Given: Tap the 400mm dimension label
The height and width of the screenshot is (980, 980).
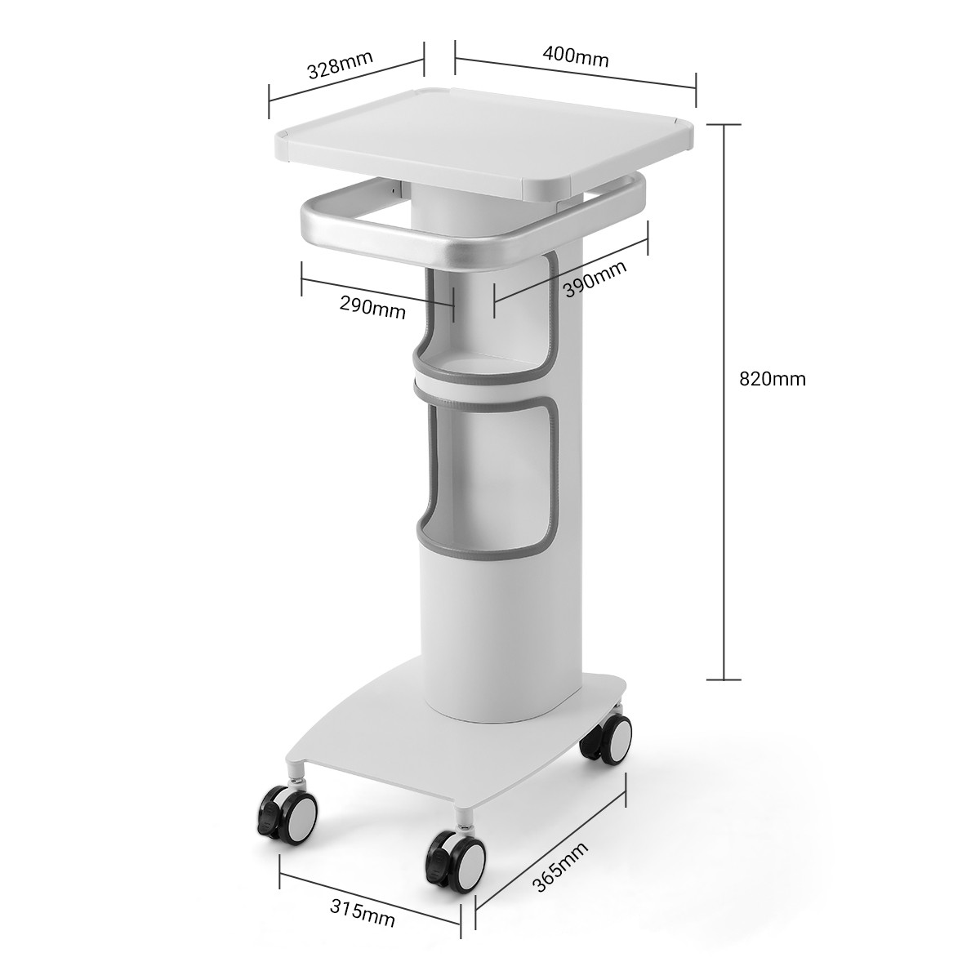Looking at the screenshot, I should (x=576, y=56).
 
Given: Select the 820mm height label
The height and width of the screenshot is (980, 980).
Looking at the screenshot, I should (x=772, y=379).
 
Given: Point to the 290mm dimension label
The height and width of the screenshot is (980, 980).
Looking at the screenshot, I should (x=372, y=309).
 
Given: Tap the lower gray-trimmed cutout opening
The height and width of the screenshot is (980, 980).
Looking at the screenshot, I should (x=486, y=474).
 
